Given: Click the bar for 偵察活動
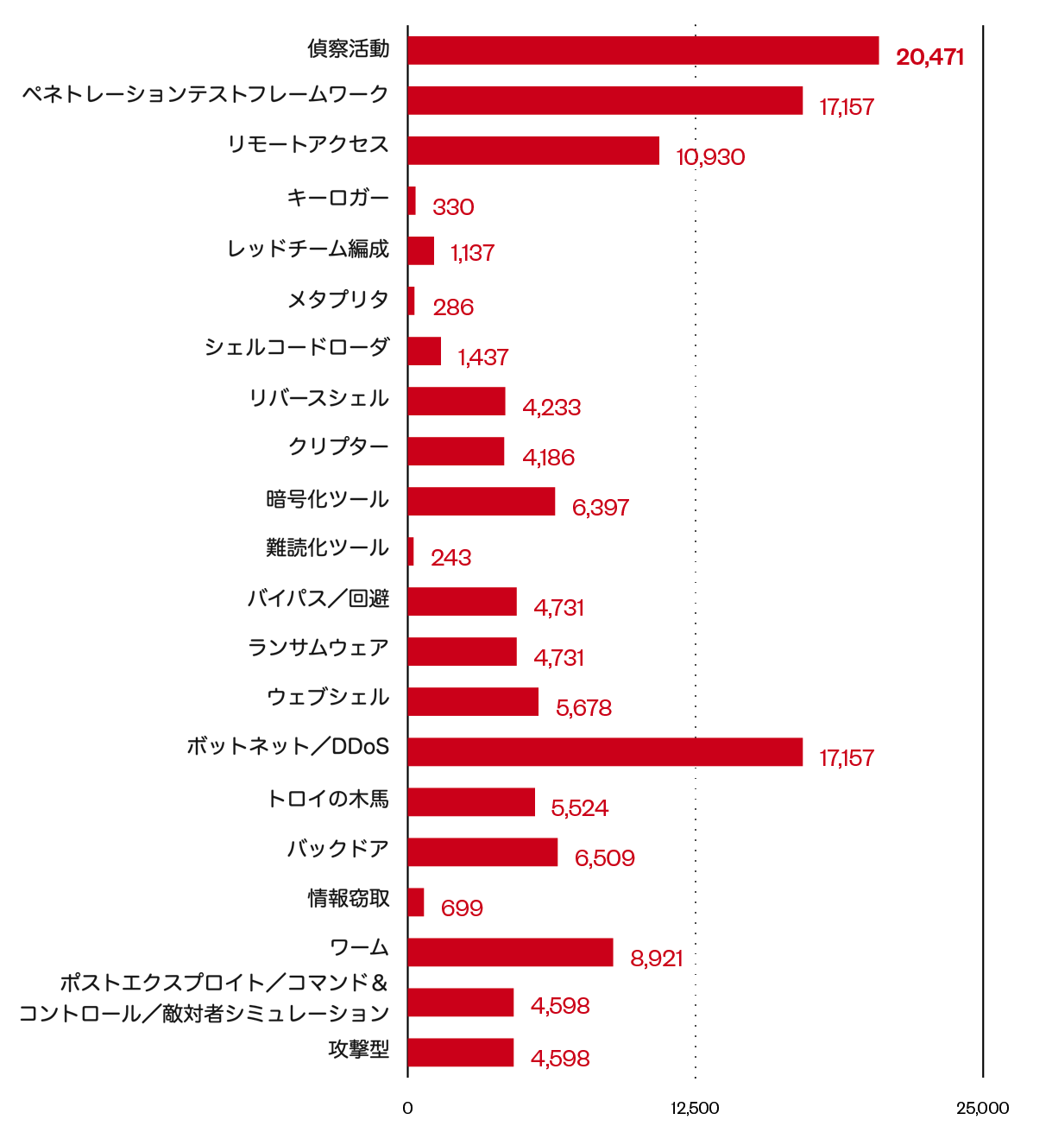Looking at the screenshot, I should coord(643,51).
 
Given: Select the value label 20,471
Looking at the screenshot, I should coord(929,58).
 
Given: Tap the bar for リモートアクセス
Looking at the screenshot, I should coord(533,151).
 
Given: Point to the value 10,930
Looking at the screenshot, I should coord(710,157).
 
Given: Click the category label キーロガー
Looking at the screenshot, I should coord(338,199).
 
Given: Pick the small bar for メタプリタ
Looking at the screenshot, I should coord(412,301).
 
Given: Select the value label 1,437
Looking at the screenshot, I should coord(483,357).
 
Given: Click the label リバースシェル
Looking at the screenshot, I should coord(318,399).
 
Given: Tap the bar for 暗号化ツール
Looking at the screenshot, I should coord(482,502).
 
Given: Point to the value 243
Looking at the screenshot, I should coord(450,558).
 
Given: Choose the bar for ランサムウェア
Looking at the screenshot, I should coord(463,652).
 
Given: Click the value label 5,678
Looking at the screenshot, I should coord(583,708).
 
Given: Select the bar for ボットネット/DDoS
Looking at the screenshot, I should coord(605,752).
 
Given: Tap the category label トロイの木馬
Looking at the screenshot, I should coord(328,800).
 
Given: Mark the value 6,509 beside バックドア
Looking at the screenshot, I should coord(604,858).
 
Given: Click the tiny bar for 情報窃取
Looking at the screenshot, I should coord(416,902).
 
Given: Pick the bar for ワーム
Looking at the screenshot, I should coord(510,952).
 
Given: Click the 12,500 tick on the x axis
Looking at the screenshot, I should coord(695,1109).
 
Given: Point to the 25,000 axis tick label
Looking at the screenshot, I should coord(982,1109).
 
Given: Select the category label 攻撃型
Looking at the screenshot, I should coord(359,1050).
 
